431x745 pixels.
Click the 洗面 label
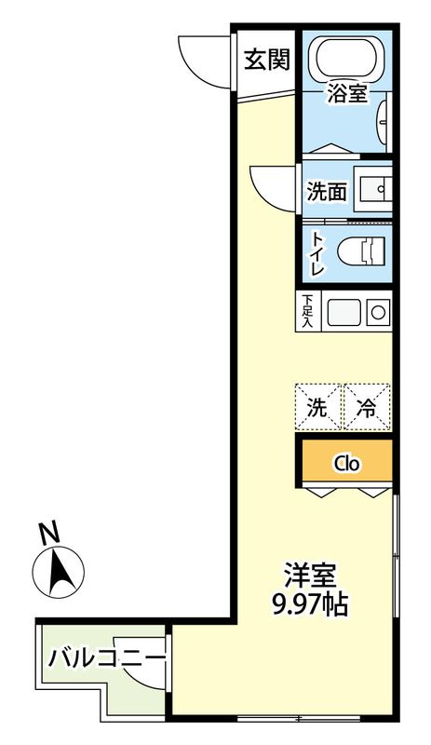point(327,192)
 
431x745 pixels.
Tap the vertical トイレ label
point(317,252)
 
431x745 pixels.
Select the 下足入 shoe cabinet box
point(307,311)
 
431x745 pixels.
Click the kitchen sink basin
point(341,311)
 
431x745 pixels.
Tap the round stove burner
point(378,311)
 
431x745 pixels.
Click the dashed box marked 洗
point(318,407)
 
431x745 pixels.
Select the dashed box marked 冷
point(368,407)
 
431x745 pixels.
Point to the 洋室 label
point(309,576)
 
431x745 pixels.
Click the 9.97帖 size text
point(309,604)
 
